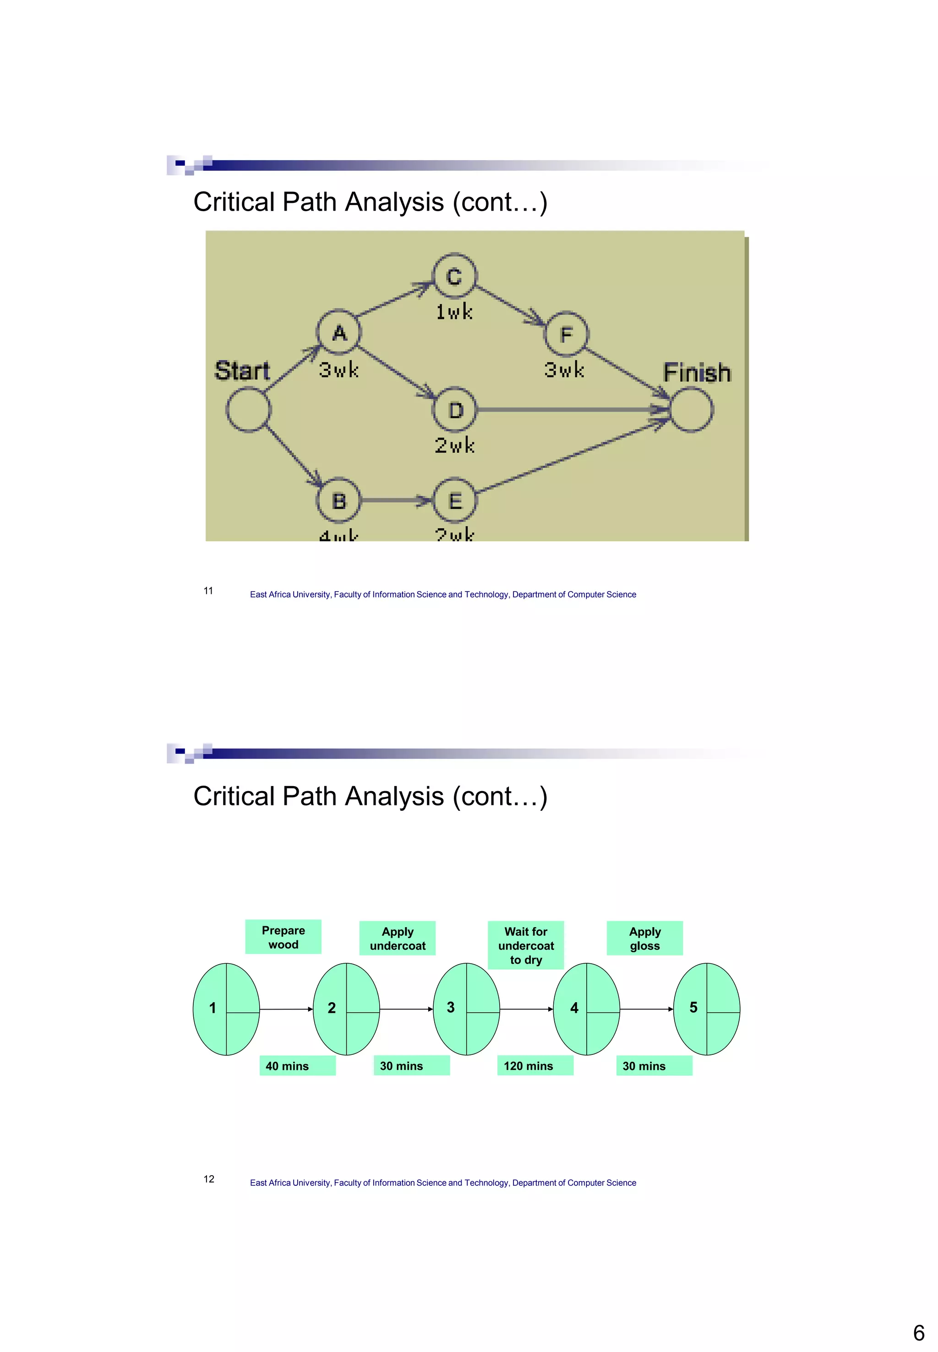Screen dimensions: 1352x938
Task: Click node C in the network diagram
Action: coord(454,276)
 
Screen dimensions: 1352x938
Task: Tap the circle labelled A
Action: coord(339,332)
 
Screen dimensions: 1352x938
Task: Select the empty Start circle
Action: coord(248,410)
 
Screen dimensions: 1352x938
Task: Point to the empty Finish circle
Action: coord(692,410)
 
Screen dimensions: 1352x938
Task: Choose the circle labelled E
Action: coord(455,500)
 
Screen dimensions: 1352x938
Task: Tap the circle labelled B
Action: coord(339,500)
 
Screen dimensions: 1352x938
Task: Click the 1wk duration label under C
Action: coord(454,311)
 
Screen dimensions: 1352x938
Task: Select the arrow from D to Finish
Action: coord(570,409)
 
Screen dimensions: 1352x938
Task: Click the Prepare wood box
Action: coord(284,937)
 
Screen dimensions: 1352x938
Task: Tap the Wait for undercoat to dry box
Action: coord(525,945)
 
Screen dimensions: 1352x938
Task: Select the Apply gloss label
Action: coord(645,939)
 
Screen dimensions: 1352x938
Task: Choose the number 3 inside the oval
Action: coord(451,1007)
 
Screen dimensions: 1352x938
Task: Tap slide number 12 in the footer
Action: coord(209,1178)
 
